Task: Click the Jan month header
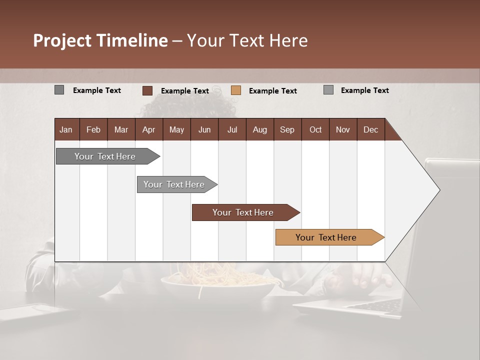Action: pyautogui.click(x=66, y=130)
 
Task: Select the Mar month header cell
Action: pyautogui.click(x=121, y=130)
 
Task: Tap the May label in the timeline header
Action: pyautogui.click(x=176, y=130)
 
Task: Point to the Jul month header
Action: pyautogui.click(x=232, y=130)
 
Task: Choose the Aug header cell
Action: pyautogui.click(x=259, y=130)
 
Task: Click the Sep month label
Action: pyautogui.click(x=287, y=130)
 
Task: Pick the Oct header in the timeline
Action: pyautogui.click(x=315, y=130)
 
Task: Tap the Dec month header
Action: pyautogui.click(x=370, y=130)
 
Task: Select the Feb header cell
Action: pyautogui.click(x=93, y=130)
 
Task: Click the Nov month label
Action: pyautogui.click(x=342, y=130)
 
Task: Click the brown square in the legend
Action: pyautogui.click(x=147, y=90)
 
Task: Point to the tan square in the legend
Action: pyautogui.click(x=236, y=90)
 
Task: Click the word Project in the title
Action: pyautogui.click(x=62, y=40)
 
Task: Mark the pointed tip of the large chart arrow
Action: pyautogui.click(x=439, y=190)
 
